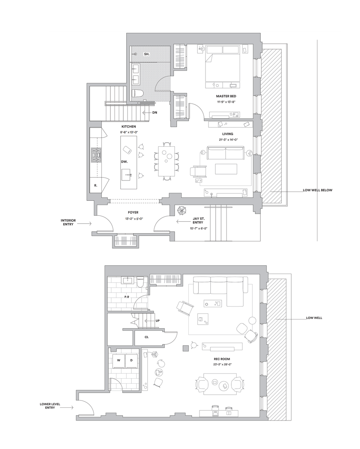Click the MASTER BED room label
226,96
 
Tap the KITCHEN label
129,127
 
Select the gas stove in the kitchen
96,155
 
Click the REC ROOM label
222,359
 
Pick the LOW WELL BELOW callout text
317,190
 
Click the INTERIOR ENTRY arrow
84,224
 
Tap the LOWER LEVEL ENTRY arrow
67,407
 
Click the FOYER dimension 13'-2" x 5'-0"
133,219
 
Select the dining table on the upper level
166,161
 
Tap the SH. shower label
147,54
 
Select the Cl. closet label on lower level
147,337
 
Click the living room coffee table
226,169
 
